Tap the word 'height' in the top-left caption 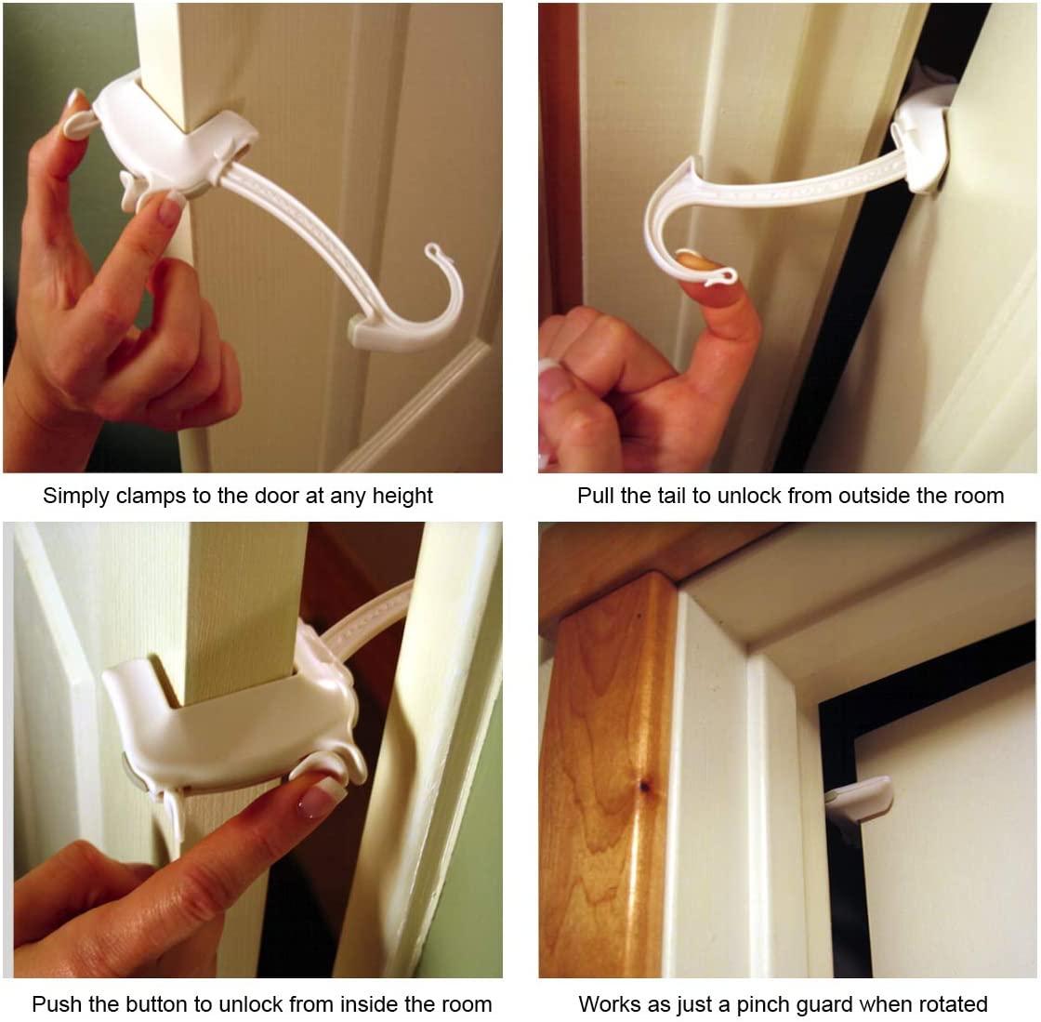[402, 496]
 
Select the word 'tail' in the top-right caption [660, 496]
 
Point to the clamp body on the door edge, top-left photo [167, 139]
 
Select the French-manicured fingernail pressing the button [316, 800]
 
